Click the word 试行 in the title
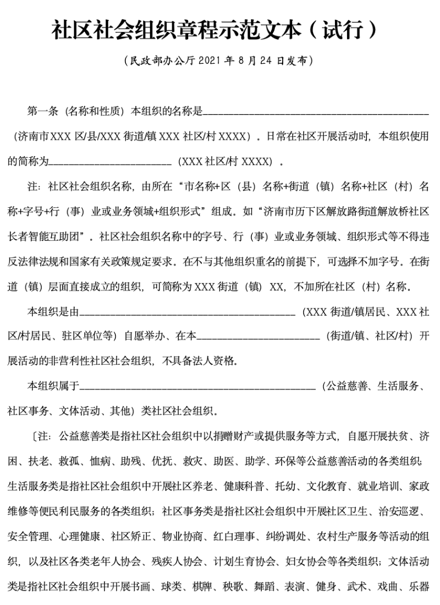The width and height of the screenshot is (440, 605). (346, 30)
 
